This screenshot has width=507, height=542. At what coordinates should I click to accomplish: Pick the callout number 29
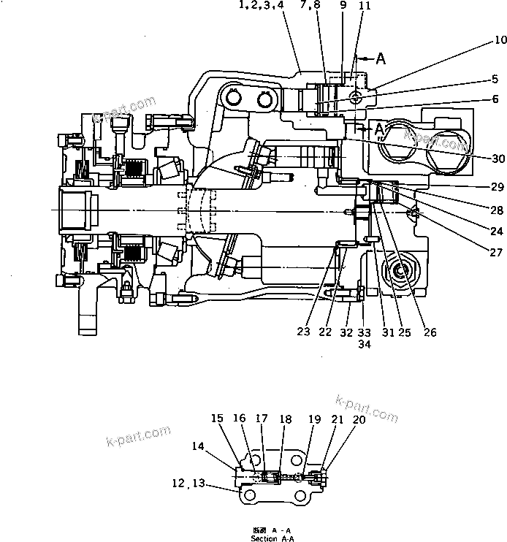point(497,188)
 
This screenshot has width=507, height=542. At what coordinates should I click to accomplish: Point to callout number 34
point(364,346)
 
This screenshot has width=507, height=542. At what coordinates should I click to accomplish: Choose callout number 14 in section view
point(198,446)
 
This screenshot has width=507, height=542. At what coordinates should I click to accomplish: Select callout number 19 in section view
point(314,419)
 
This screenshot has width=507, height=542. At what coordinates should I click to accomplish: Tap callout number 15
point(217,419)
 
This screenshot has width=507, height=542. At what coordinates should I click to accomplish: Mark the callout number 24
point(497,231)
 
